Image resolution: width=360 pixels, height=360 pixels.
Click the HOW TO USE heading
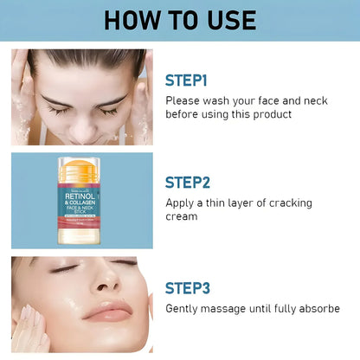[x=180, y=20]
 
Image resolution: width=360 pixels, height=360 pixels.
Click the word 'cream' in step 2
[x=182, y=216]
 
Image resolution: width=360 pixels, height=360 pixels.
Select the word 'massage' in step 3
[x=227, y=308]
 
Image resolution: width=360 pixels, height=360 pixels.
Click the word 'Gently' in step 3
[x=183, y=308]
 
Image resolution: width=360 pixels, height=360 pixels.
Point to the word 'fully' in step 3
[x=280, y=308]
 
